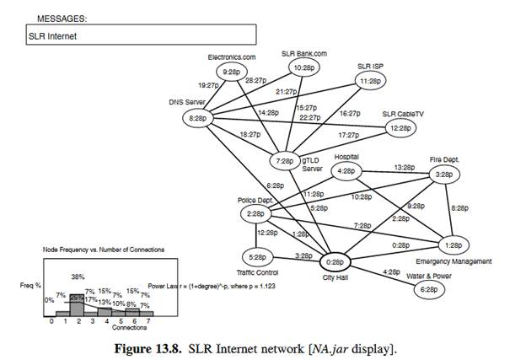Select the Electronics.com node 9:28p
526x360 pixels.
(232, 73)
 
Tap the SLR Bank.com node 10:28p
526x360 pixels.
(304, 67)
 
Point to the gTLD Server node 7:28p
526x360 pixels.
(285, 160)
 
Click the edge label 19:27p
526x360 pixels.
(209, 86)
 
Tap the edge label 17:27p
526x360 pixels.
(347, 135)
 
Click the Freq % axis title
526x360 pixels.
(32, 286)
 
